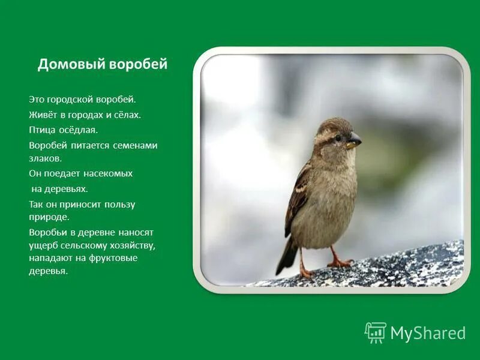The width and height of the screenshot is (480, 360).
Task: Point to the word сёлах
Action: [127, 115]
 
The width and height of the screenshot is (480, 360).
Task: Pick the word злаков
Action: [45, 158]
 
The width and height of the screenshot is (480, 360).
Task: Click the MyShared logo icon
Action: [376, 332]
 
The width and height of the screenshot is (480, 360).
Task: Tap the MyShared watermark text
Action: [428, 333]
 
